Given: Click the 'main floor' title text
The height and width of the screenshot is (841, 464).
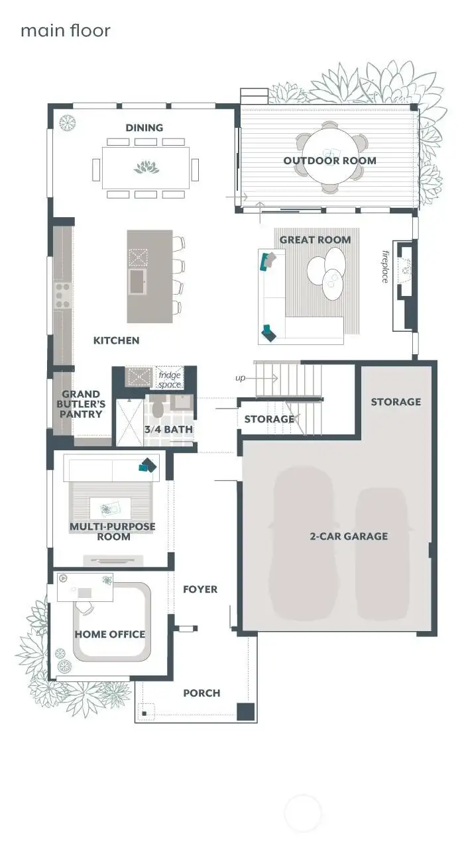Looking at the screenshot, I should (x=65, y=30).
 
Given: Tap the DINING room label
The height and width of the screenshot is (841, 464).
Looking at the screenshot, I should (x=145, y=128).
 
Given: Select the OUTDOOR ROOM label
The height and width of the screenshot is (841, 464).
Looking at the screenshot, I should (x=329, y=161).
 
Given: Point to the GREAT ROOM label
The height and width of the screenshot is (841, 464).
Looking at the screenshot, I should (x=315, y=240).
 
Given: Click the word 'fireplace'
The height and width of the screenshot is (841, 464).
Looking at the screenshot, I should (x=384, y=266).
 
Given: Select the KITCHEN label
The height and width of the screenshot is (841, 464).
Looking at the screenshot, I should (x=116, y=340).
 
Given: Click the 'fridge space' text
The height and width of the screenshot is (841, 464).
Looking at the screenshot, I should (x=169, y=379).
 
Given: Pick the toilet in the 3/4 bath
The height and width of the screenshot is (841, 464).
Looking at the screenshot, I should (x=158, y=409).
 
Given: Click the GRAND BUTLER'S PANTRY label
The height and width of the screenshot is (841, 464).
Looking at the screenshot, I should (x=82, y=404).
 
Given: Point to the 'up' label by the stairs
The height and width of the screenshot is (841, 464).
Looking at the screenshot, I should (x=241, y=378).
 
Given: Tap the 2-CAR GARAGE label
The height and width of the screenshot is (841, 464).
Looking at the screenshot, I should (x=349, y=536).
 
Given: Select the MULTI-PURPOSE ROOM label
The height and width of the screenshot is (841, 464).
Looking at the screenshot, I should (x=113, y=532).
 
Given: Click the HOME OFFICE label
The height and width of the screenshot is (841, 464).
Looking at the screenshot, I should (x=109, y=634).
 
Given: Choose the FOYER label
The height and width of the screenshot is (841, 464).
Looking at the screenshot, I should (x=200, y=589).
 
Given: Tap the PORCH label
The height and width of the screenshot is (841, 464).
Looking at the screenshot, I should (x=202, y=693).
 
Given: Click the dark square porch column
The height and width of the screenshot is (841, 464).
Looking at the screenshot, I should (x=246, y=712).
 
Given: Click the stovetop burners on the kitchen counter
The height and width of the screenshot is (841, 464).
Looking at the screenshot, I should (x=62, y=295).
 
